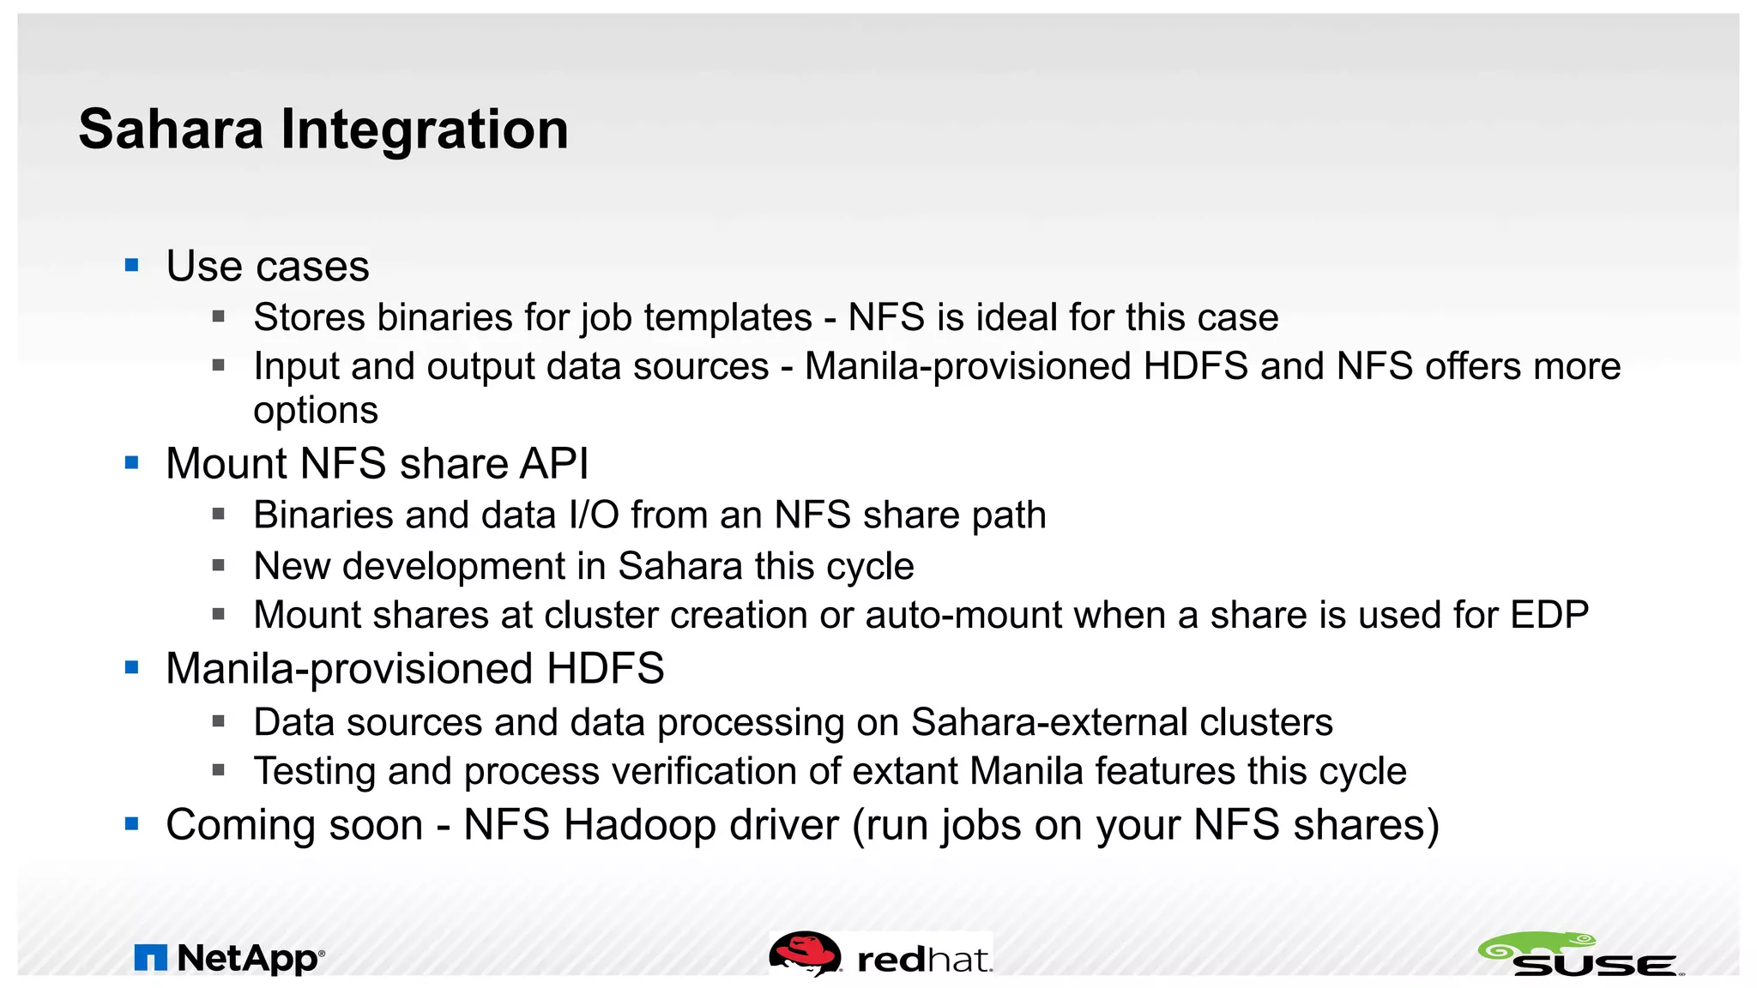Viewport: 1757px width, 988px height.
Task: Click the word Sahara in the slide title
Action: tap(171, 130)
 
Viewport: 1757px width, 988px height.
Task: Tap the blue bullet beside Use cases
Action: tap(131, 265)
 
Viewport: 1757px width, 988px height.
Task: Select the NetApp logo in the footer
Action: tap(229, 958)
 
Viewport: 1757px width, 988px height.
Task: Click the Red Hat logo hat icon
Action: tap(804, 954)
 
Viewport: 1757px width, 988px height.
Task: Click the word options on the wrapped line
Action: tap(316, 411)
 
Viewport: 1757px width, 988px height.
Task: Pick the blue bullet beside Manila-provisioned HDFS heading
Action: tap(131, 667)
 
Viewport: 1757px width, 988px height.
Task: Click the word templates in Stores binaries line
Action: tap(728, 318)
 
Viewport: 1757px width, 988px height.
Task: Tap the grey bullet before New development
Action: tap(219, 566)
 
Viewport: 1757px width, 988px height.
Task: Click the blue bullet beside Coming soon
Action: tap(131, 824)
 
